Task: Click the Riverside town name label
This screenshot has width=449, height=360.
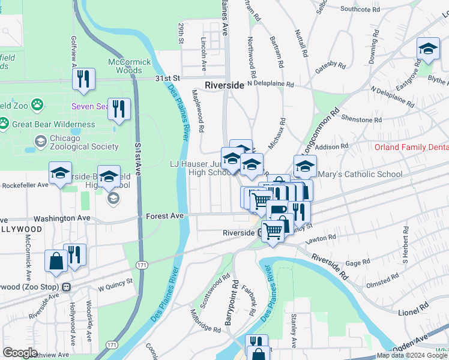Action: click(224, 85)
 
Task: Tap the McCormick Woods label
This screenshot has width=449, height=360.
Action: click(125, 66)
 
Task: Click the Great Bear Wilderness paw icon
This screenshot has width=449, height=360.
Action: click(5, 124)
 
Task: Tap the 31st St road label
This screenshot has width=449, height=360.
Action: click(167, 79)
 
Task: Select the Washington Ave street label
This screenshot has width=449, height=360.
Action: click(61, 219)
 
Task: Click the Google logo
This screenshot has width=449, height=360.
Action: click(20, 353)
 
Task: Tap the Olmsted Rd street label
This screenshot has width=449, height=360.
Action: click(383, 279)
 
